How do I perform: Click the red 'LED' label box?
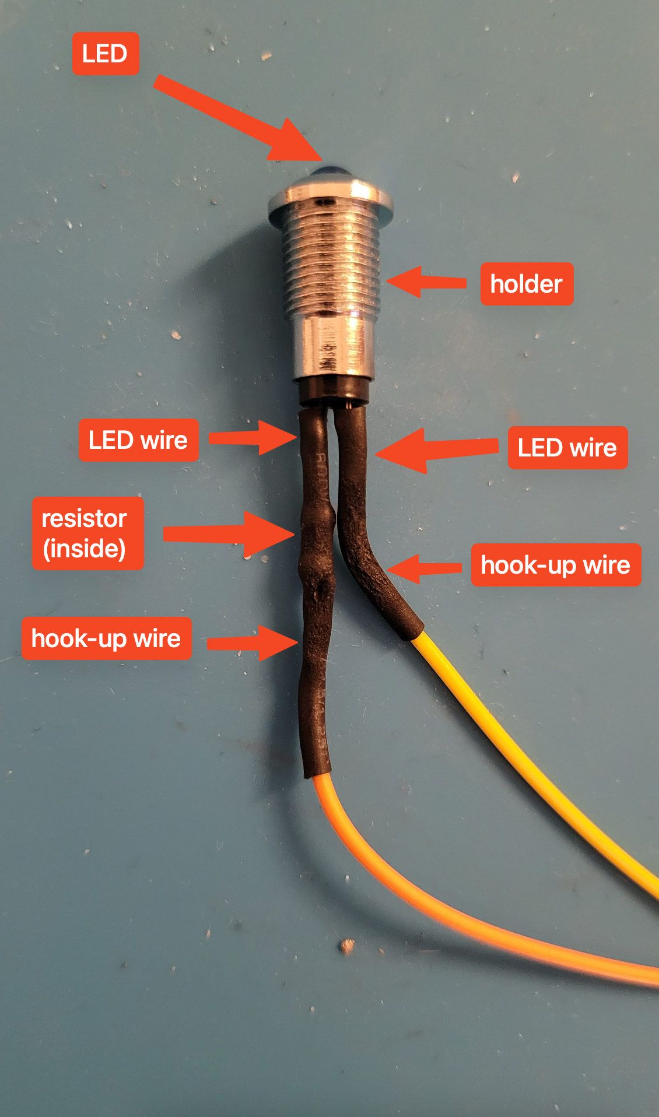[x=106, y=54]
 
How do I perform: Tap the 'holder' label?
[x=527, y=284]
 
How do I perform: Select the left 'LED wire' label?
[x=138, y=440]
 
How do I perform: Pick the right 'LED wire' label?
[x=567, y=448]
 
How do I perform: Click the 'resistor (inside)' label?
[x=87, y=533]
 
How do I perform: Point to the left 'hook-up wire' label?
[x=107, y=638]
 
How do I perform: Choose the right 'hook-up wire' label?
[x=556, y=565]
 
